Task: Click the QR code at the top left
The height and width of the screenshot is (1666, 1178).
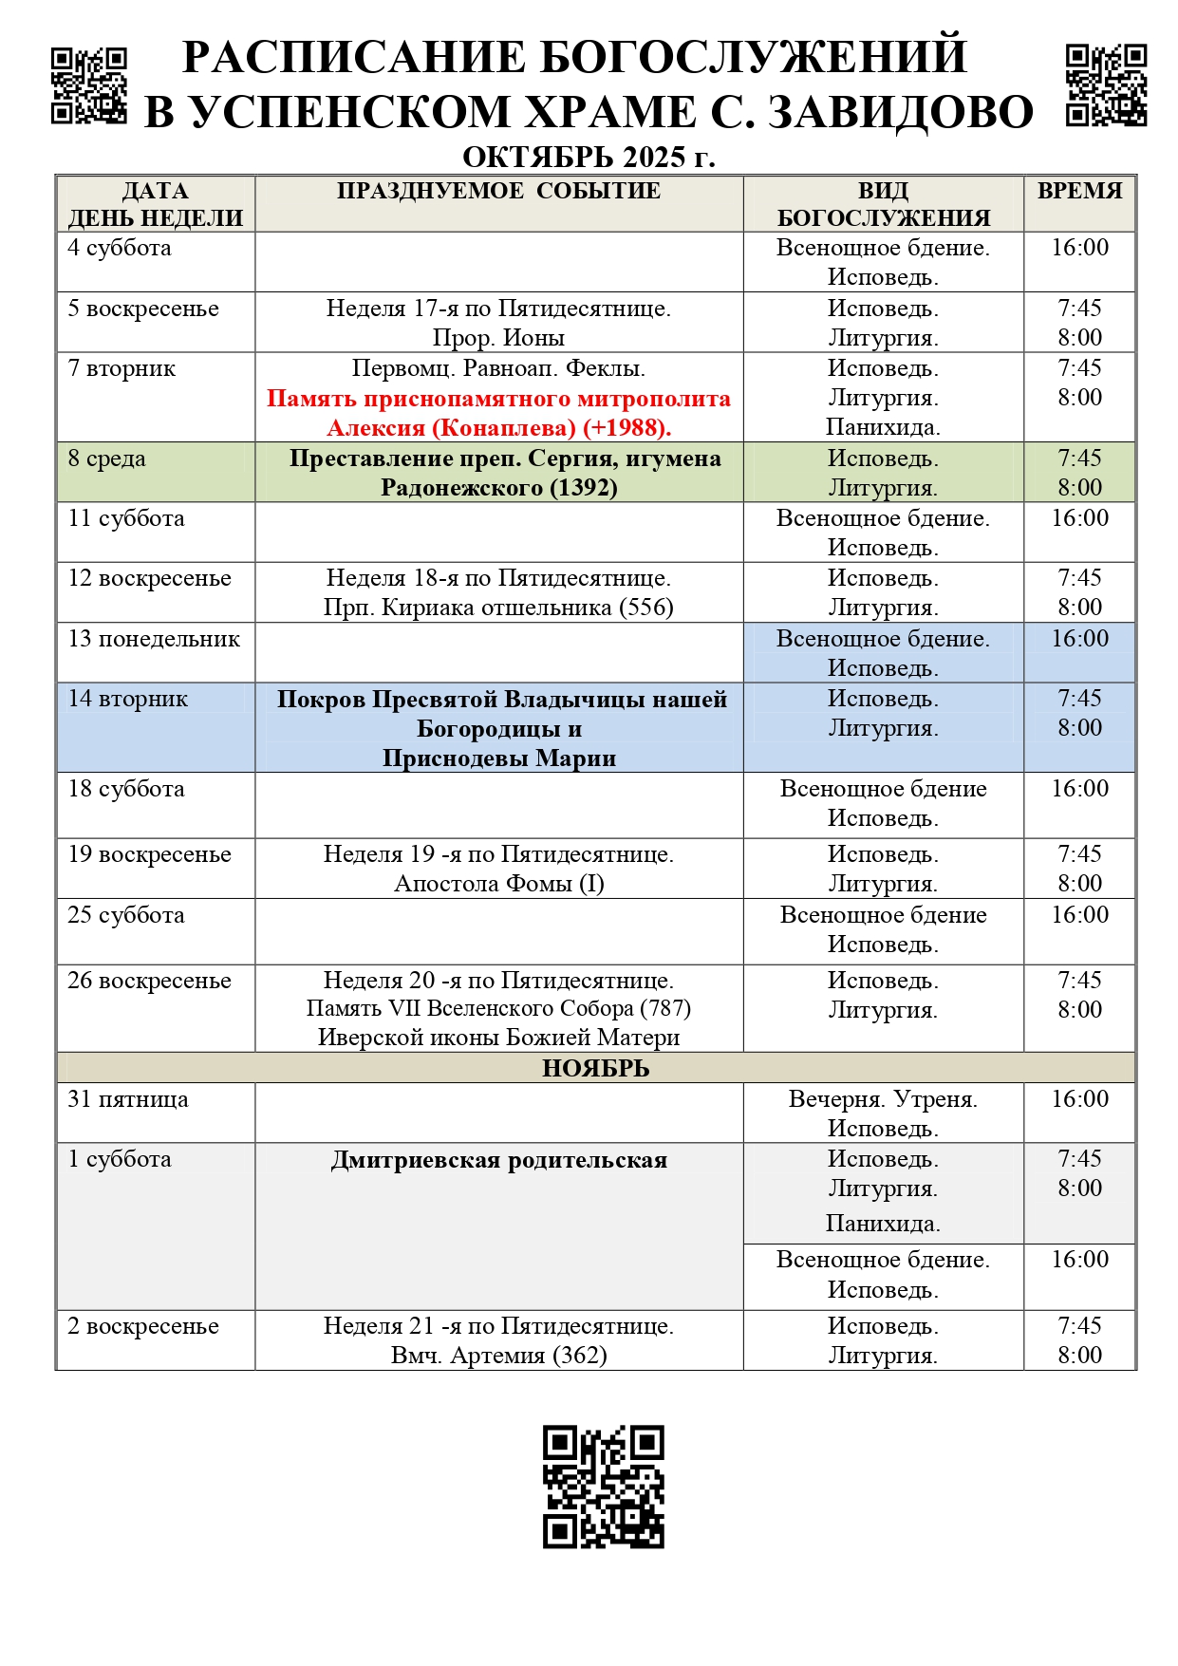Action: [x=88, y=85]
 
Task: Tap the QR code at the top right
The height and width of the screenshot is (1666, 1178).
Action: [x=1106, y=85]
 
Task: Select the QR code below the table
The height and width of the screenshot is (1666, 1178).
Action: [x=603, y=1486]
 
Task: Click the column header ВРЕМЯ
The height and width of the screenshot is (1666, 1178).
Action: [x=1079, y=191]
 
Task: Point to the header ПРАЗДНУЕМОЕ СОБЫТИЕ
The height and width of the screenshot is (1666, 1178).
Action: [x=498, y=191]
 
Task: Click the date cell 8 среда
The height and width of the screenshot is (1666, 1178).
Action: [x=107, y=459]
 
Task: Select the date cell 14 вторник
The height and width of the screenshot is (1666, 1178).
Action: [x=128, y=699]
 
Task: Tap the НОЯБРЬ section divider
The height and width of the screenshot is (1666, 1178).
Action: [x=595, y=1068]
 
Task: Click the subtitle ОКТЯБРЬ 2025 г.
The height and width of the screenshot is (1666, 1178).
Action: [x=589, y=157]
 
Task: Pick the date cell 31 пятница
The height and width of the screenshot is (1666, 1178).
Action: [x=128, y=1099]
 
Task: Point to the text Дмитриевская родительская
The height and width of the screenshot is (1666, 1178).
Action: [x=498, y=1160]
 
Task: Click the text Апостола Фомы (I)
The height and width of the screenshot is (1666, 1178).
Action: [x=498, y=884]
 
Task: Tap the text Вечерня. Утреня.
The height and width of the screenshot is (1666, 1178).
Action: [x=883, y=1099]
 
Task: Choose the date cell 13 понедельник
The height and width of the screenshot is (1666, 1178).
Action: [x=154, y=639]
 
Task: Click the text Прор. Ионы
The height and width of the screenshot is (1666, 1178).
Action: [x=498, y=338]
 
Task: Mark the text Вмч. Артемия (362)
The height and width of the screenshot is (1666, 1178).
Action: [x=498, y=1356]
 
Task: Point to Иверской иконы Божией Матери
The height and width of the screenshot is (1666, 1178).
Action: [x=498, y=1038]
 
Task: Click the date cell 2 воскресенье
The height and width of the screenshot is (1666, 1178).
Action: [x=143, y=1326]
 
